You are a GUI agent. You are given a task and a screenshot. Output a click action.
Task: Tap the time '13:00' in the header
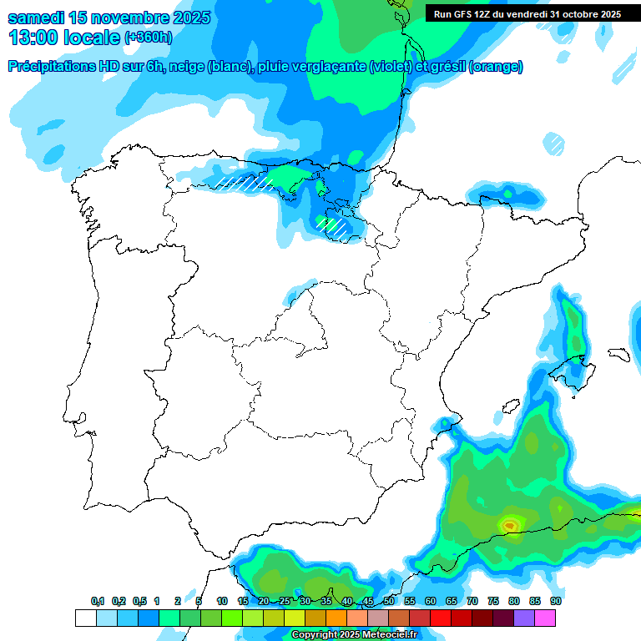(x=34, y=38)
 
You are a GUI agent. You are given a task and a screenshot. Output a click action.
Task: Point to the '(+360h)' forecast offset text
(x=148, y=38)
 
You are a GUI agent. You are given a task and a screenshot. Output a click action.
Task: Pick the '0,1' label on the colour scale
(x=98, y=602)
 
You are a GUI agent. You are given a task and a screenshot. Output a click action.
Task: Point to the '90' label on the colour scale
(x=555, y=602)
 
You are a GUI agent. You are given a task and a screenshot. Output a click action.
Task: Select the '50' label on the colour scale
(x=389, y=602)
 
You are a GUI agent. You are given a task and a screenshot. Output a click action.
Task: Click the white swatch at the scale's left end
(x=85, y=618)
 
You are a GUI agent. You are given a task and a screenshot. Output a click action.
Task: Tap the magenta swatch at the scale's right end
(x=545, y=618)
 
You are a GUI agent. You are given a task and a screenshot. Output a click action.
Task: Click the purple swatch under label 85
(x=524, y=618)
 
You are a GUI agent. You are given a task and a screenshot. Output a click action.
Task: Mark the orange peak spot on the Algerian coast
(x=509, y=524)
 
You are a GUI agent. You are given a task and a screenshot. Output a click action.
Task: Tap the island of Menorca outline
(x=618, y=354)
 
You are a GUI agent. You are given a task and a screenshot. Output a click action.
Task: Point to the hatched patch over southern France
(x=553, y=143)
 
